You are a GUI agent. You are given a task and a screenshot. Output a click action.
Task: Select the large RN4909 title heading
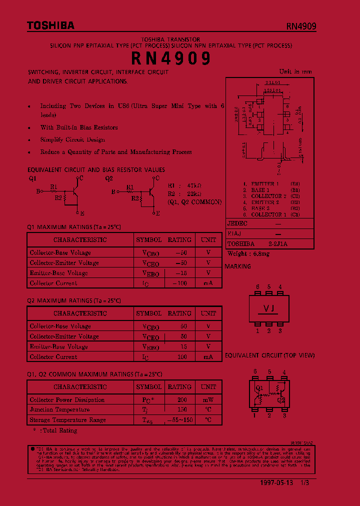[171, 59]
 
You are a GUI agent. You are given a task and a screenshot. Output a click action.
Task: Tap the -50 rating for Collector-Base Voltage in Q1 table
[180, 252]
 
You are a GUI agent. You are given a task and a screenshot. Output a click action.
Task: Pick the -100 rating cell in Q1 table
[179, 283]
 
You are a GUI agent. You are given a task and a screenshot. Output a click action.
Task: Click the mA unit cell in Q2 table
[208, 357]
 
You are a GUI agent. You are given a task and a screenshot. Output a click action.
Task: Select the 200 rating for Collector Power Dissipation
[181, 400]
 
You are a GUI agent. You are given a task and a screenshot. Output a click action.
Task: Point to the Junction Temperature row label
[59, 410]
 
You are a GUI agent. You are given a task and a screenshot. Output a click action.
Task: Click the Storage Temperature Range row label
[67, 420]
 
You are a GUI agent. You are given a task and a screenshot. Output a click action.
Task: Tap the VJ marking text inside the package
[268, 308]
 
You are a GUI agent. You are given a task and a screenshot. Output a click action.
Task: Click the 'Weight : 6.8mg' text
[248, 253]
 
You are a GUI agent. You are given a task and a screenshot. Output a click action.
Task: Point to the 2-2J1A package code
[278, 244]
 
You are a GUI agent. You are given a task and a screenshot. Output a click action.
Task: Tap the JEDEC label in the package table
[237, 223]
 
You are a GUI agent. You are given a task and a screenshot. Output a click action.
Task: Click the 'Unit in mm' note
[295, 71]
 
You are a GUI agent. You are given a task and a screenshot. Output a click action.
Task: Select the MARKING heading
[238, 266]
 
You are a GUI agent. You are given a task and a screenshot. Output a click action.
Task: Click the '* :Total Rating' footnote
[55, 430]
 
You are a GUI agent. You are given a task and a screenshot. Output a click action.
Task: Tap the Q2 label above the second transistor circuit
[109, 178]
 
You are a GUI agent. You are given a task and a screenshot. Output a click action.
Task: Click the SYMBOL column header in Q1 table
[149, 240]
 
